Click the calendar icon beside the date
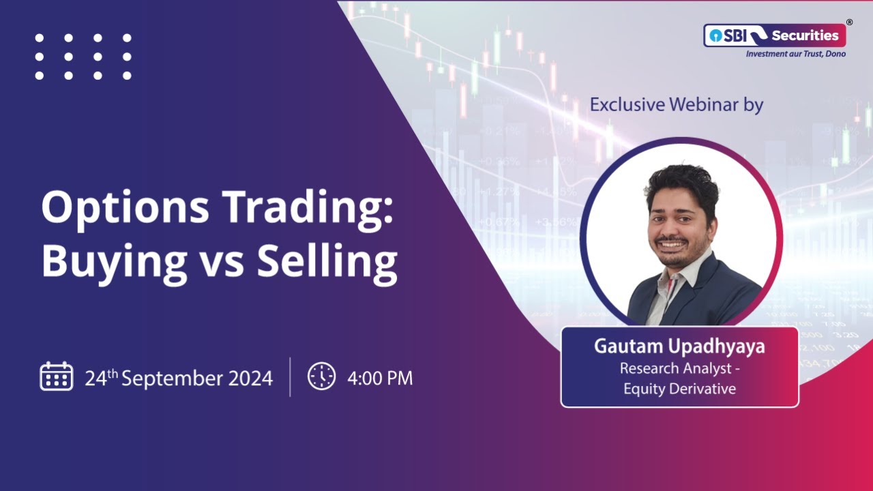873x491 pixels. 56,376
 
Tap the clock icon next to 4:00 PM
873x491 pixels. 321,376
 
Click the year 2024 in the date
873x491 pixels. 248,378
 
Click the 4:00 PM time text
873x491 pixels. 380,378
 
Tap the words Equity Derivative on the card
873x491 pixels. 679,389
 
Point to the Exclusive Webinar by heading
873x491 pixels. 676,105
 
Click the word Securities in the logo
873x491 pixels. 805,35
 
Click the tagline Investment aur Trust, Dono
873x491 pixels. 795,53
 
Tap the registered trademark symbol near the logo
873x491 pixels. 849,23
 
